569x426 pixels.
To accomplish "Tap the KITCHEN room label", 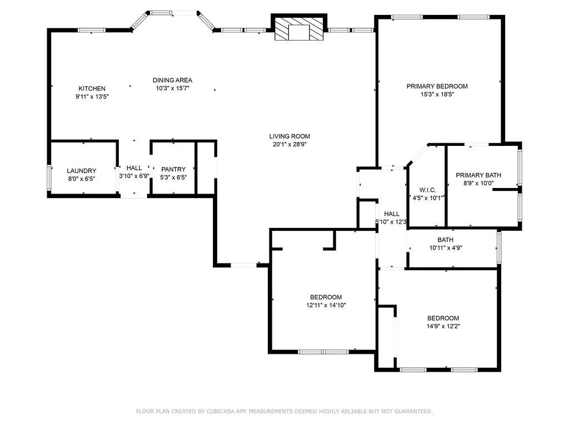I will (x=92, y=89).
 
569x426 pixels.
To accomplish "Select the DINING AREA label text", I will (x=172, y=80).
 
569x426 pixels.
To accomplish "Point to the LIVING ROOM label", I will (x=290, y=136).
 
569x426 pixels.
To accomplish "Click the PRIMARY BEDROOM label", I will (x=437, y=87).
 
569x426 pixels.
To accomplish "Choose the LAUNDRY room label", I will (x=82, y=171).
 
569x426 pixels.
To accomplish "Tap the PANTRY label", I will (x=173, y=169).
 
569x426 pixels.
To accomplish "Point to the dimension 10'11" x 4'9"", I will (x=445, y=248).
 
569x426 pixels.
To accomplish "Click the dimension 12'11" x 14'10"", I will (x=326, y=305).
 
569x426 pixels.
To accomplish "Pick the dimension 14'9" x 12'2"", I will (x=443, y=326).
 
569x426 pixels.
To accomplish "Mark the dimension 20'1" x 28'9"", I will (x=290, y=144).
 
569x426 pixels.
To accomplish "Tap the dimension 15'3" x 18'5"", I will (x=437, y=94).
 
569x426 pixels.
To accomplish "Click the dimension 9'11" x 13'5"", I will (x=92, y=97).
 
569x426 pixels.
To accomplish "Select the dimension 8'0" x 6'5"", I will (x=82, y=178).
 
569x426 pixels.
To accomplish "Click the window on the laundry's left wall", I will (x=49, y=178).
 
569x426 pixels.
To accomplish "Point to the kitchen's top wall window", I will (x=92, y=31).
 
